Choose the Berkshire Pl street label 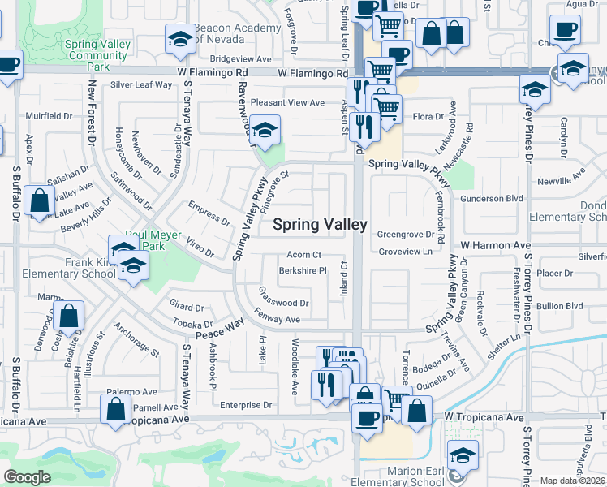click(x=303, y=271)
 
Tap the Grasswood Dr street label click(x=283, y=303)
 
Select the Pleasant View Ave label click(x=287, y=103)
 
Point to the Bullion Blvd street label click(x=561, y=306)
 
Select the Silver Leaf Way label click(x=141, y=84)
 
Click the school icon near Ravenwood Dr click(x=263, y=130)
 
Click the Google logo click(x=27, y=477)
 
